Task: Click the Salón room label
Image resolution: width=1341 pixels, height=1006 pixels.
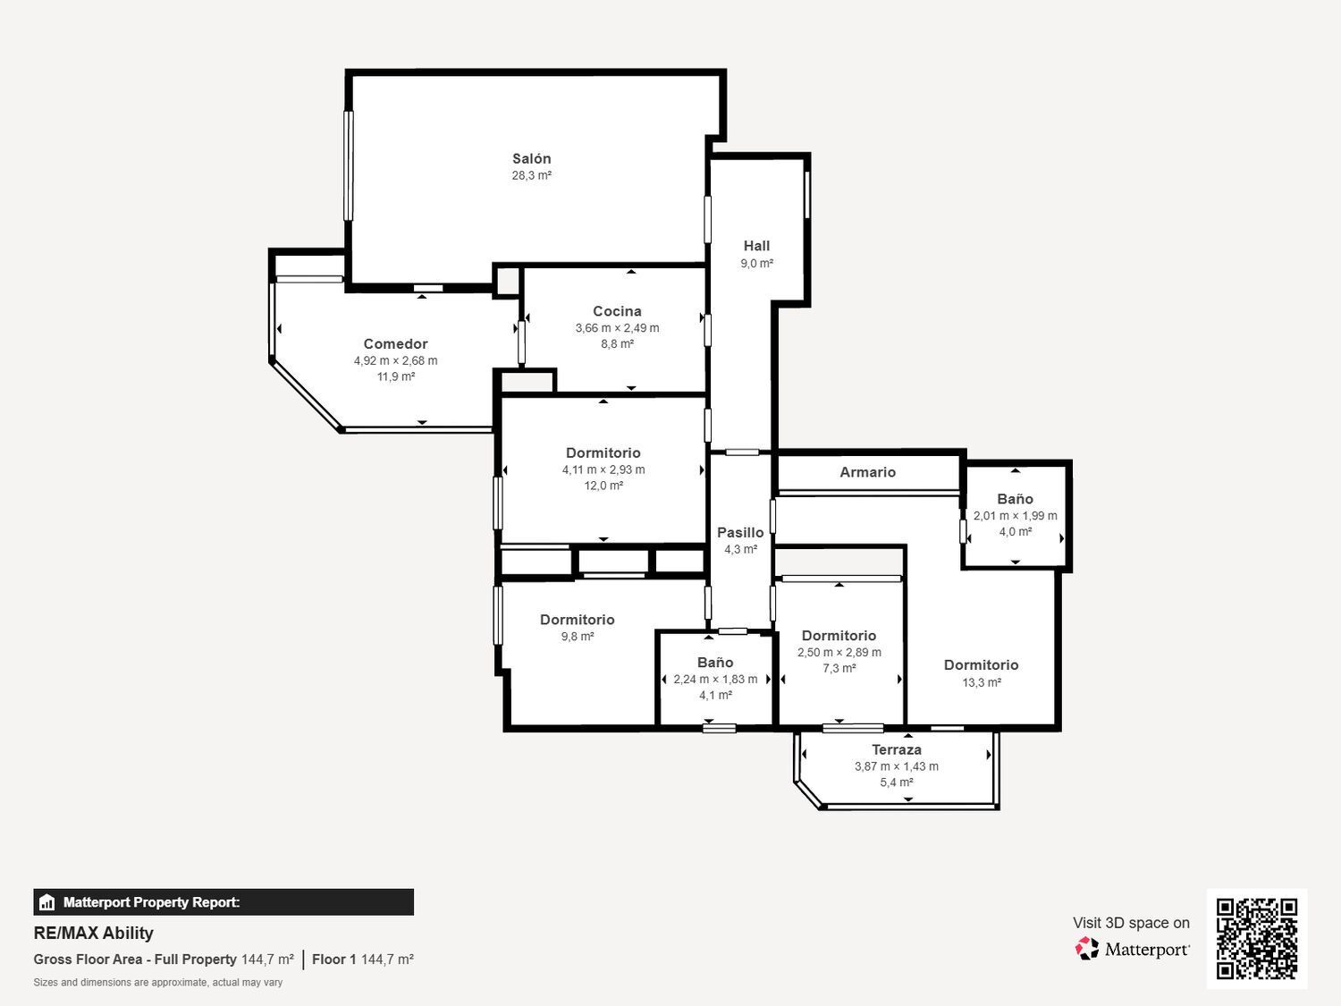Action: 532,159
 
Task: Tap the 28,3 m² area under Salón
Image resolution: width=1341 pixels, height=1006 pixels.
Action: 532,176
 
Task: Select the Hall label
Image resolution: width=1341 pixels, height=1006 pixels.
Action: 756,246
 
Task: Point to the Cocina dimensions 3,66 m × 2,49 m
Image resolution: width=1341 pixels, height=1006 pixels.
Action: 617,328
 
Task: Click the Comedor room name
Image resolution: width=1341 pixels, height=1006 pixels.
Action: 395,344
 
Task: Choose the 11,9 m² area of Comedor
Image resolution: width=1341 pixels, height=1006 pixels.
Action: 396,376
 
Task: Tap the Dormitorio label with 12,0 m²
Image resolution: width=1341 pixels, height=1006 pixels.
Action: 603,452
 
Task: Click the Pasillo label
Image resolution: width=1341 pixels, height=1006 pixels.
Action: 740,533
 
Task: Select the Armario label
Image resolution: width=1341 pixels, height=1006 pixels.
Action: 867,472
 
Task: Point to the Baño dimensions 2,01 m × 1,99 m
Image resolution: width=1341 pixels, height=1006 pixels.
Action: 1016,516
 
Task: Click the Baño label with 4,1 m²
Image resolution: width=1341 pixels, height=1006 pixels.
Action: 715,662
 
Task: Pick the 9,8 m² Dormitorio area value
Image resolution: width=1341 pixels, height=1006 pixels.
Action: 578,637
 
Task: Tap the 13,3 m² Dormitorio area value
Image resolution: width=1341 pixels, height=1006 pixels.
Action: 982,682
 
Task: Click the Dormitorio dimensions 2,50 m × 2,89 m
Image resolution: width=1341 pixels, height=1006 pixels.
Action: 839,653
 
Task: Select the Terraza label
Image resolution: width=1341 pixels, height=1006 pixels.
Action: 897,749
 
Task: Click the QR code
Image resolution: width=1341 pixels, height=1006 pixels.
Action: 1257,939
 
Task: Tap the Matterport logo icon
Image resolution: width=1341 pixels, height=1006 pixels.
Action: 1086,949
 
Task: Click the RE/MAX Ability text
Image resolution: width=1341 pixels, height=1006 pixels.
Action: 94,934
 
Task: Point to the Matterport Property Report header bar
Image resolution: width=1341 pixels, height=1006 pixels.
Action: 223,902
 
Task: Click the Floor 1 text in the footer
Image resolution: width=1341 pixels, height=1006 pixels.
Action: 334,960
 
